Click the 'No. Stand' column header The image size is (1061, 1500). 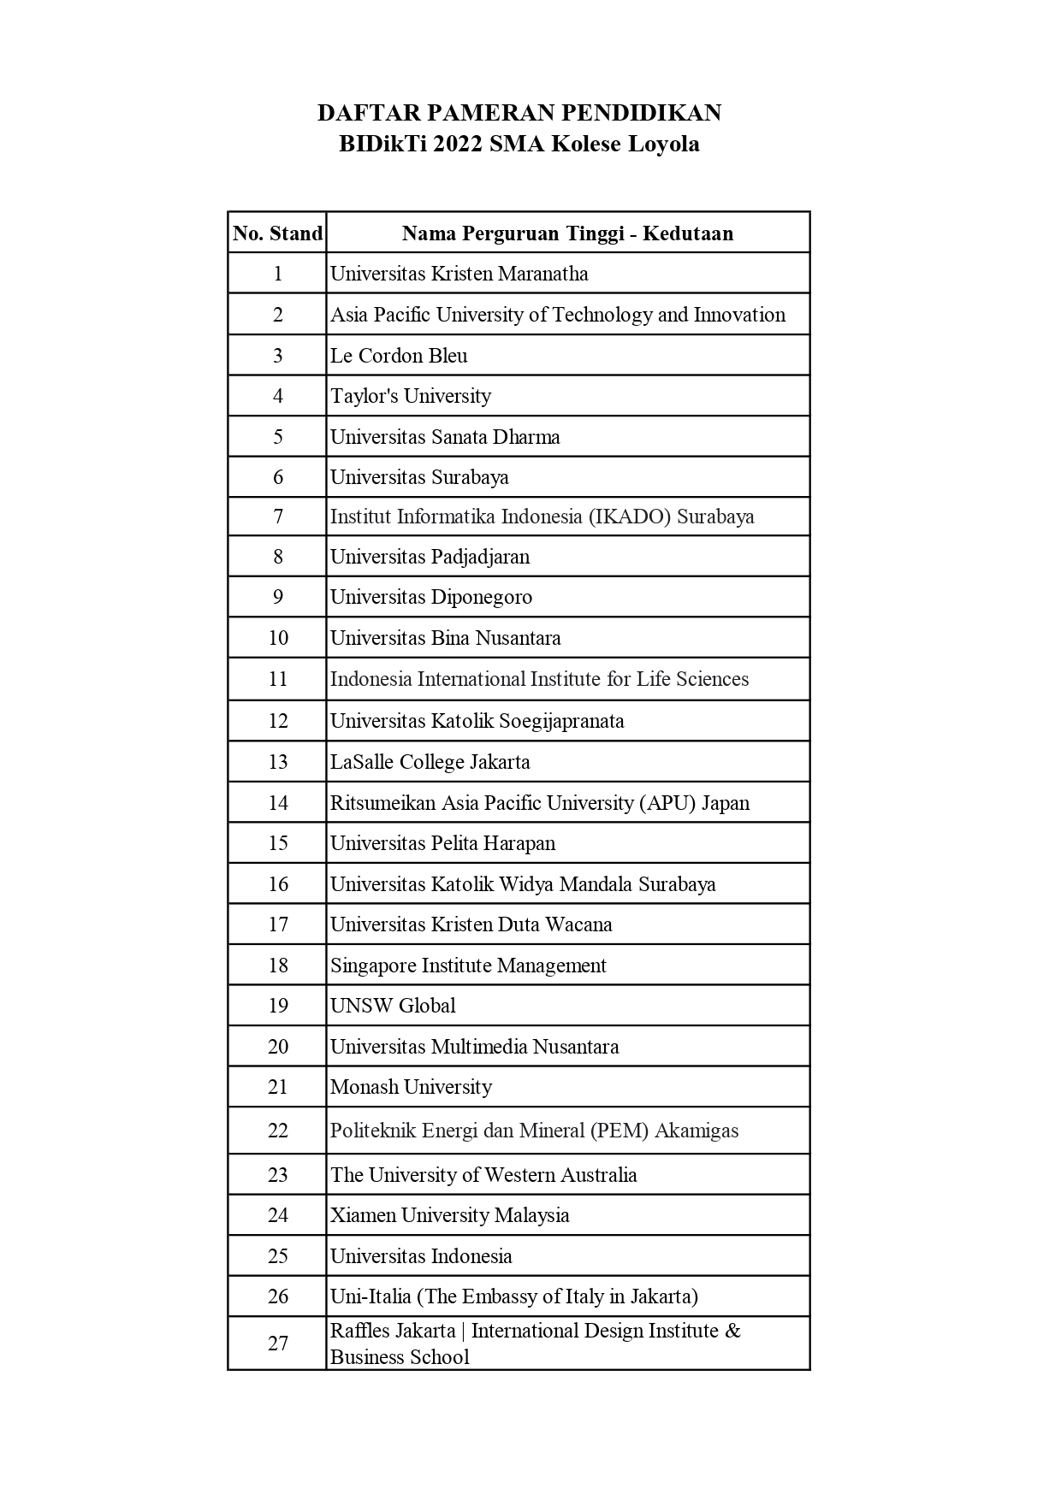pyautogui.click(x=277, y=233)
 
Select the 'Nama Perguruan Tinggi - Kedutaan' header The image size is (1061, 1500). pyautogui.click(x=567, y=233)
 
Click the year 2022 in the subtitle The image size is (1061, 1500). pyautogui.click(x=458, y=144)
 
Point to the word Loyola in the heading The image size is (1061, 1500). pyautogui.click(x=664, y=144)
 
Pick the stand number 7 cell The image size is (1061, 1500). pyautogui.click(x=277, y=517)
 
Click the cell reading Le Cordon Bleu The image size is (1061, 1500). pyautogui.click(x=399, y=356)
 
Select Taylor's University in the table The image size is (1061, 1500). pyautogui.click(x=411, y=396)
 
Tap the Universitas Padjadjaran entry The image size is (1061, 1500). pyautogui.click(x=430, y=557)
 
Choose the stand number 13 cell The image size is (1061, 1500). pyautogui.click(x=277, y=762)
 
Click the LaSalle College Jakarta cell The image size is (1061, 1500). pyautogui.click(x=430, y=762)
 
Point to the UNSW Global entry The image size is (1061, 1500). pyautogui.click(x=393, y=1006)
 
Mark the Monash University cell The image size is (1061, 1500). pyautogui.click(x=411, y=1087)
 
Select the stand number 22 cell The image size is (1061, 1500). pyautogui.click(x=277, y=1131)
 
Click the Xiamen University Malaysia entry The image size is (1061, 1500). pyautogui.click(x=449, y=1215)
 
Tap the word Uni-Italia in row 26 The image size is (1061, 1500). pyautogui.click(x=370, y=1296)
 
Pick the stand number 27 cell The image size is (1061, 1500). pyautogui.click(x=277, y=1344)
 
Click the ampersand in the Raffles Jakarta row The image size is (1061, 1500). pyautogui.click(x=732, y=1331)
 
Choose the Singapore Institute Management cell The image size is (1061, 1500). pyautogui.click(x=468, y=966)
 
